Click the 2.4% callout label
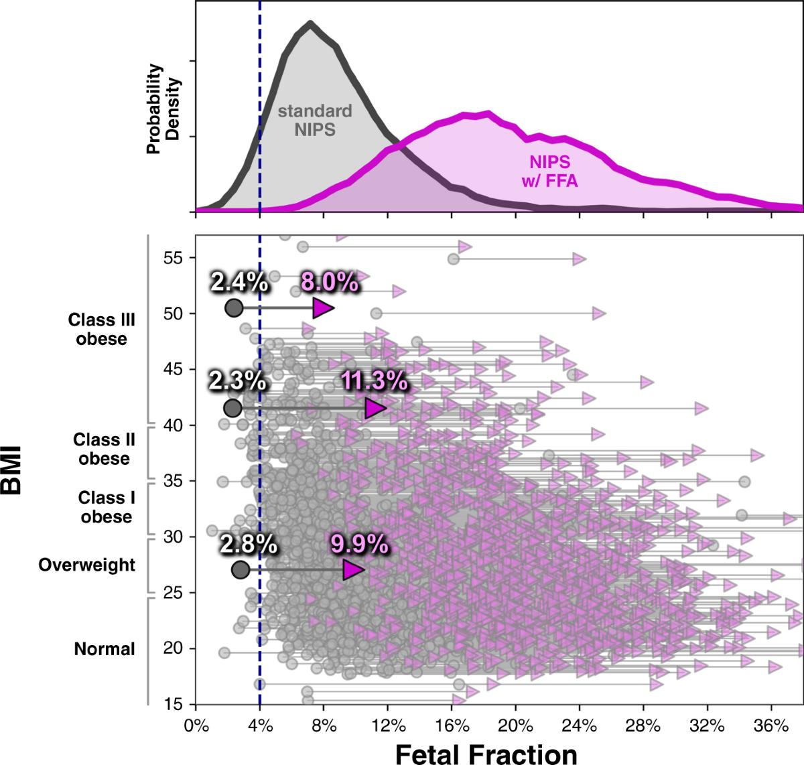(239, 282)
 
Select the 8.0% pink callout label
(329, 282)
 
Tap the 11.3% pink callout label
(374, 380)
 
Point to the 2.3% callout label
(237, 380)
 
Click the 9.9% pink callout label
(359, 544)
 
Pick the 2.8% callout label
(249, 544)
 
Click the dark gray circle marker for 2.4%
(234, 307)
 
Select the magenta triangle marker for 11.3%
(375, 407)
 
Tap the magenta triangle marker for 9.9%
(352, 570)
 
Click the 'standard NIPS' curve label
(315, 120)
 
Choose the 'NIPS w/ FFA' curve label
(549, 171)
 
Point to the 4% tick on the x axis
(260, 726)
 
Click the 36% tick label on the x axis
(771, 726)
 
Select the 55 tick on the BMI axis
(173, 258)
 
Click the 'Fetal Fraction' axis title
(486, 754)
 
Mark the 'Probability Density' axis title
(163, 109)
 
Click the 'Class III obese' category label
(101, 330)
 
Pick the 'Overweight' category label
(87, 565)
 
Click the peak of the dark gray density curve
(310, 24)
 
